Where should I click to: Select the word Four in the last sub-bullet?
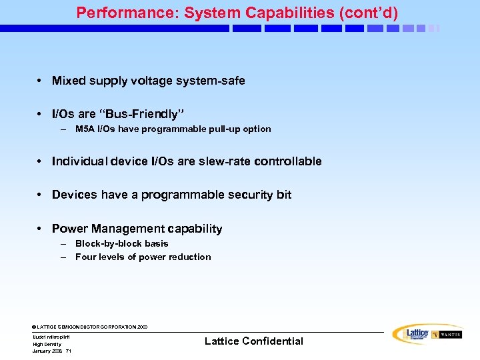86,257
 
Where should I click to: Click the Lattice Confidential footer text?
253,341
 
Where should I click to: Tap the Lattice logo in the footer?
411,333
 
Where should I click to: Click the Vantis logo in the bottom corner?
447,335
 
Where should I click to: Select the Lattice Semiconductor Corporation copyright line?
90,327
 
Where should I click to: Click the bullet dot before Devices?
41,195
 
